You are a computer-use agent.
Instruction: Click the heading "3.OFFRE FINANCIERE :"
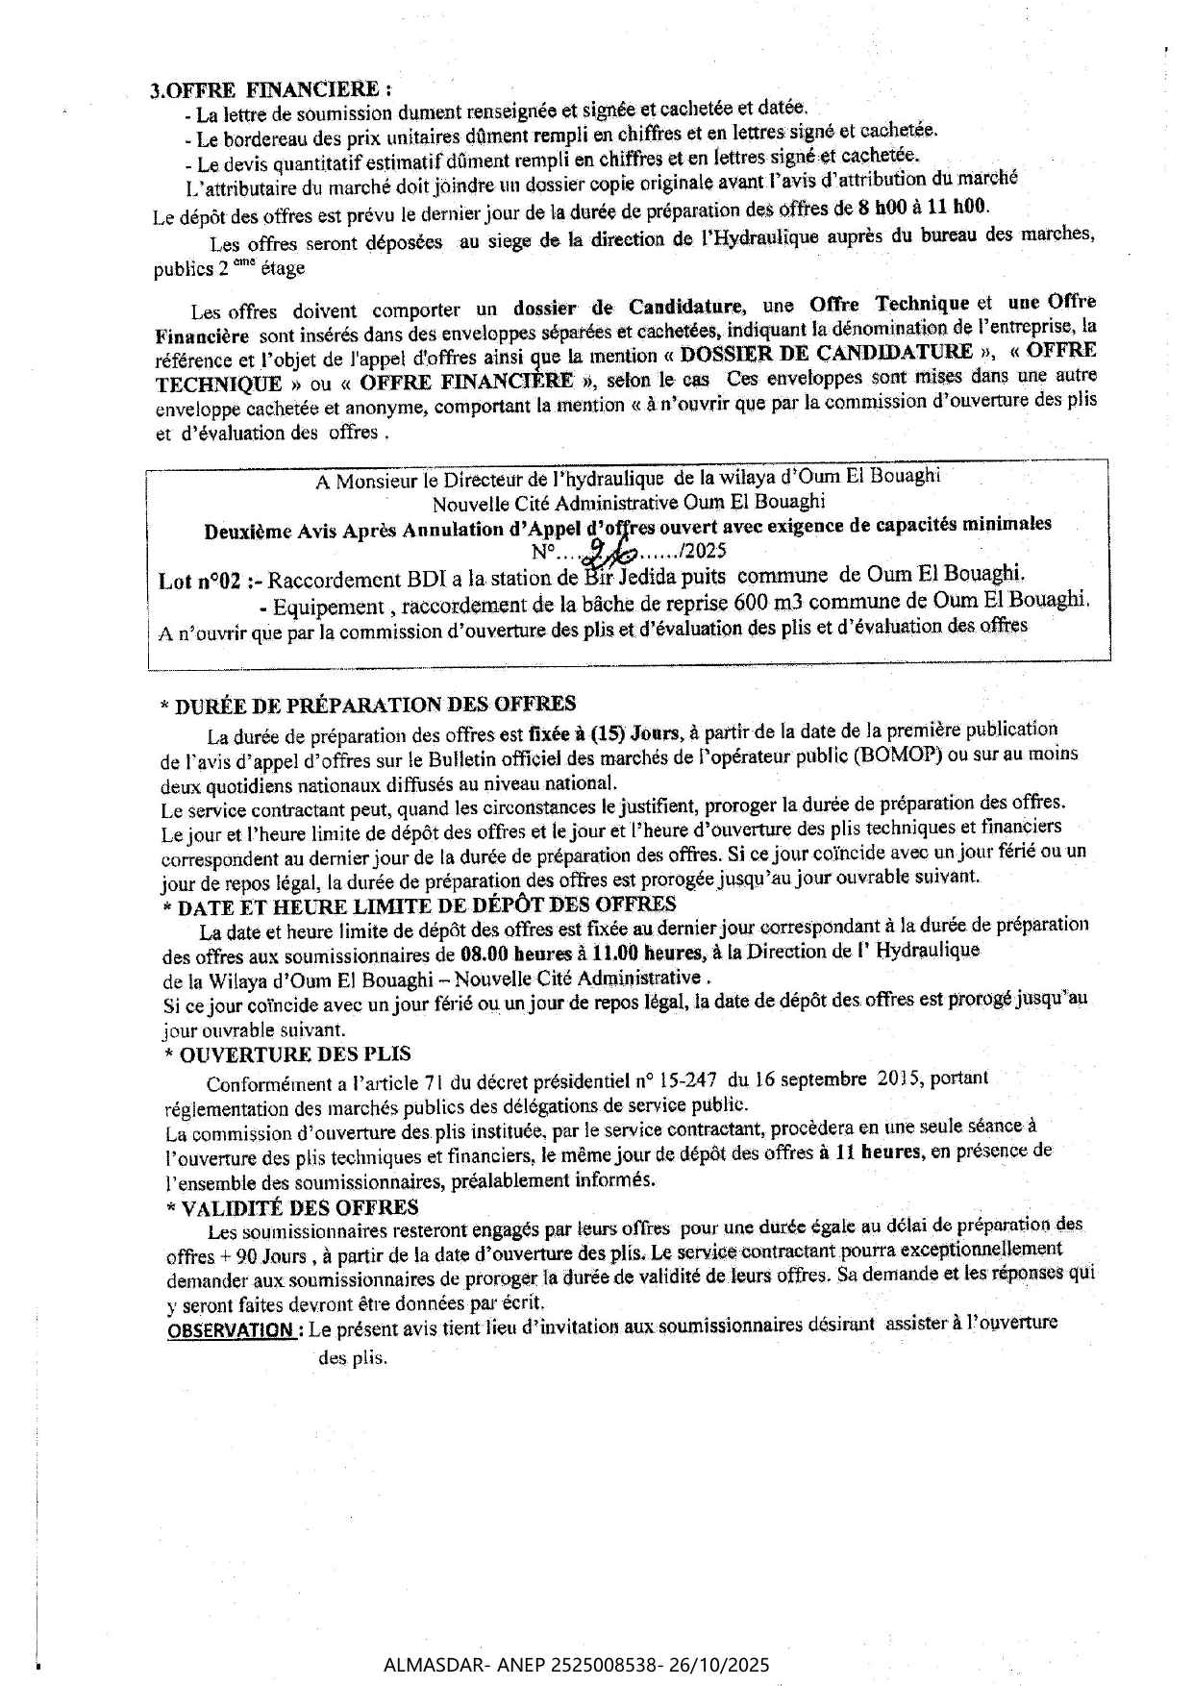[270, 89]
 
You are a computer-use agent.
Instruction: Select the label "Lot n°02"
[199, 582]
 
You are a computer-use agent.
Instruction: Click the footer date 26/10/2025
[731, 1666]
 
